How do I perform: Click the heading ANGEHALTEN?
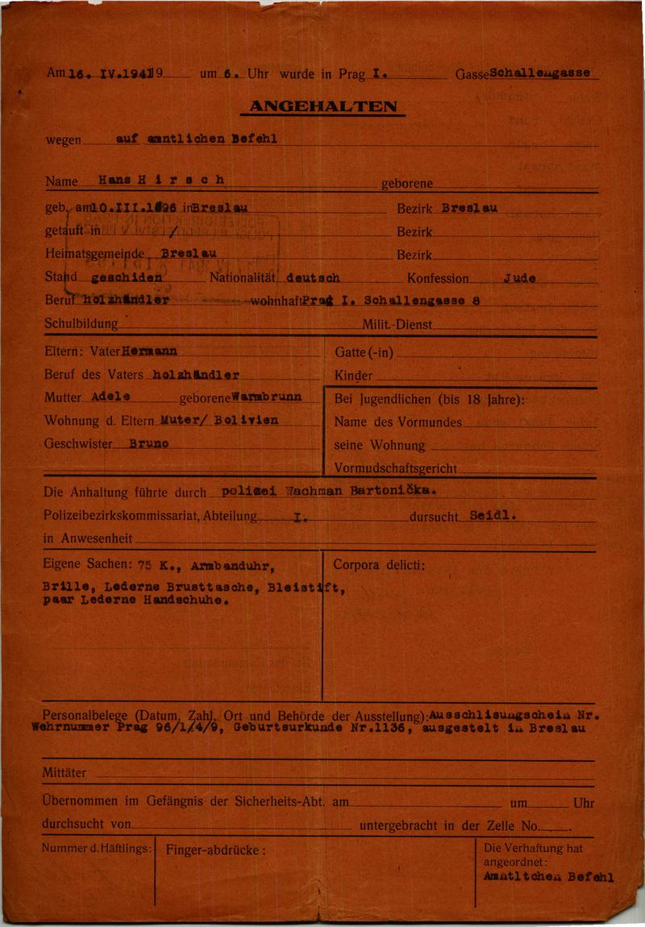[322, 106]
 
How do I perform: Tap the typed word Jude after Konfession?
[520, 278]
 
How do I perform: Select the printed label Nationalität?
[243, 279]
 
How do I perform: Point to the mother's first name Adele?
[110, 397]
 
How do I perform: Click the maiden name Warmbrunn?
[265, 397]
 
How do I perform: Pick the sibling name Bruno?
[148, 443]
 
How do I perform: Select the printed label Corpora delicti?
[378, 565]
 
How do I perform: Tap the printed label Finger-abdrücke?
[215, 849]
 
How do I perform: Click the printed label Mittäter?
[64, 773]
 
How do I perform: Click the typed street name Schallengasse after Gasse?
[539, 73]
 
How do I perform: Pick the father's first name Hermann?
[149, 351]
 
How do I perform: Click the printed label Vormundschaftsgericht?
[395, 468]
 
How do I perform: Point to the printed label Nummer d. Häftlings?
[97, 848]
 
